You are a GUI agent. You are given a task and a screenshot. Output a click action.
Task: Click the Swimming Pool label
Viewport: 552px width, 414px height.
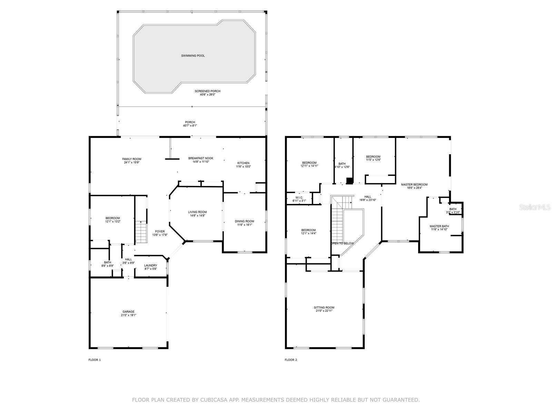(x=193, y=56)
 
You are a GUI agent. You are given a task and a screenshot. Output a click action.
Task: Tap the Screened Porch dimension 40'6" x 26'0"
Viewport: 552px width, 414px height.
(x=207, y=95)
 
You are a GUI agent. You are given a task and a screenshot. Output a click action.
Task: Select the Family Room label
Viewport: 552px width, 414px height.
(x=132, y=159)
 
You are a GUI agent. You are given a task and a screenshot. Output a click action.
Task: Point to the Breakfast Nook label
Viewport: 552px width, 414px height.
(x=201, y=158)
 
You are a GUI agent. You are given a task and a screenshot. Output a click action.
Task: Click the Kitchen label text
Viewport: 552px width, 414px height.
(x=243, y=163)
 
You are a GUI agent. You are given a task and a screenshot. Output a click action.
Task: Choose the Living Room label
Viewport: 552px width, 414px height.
(x=197, y=212)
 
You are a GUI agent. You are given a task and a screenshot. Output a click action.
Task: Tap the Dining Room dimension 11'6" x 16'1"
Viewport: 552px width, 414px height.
(x=245, y=225)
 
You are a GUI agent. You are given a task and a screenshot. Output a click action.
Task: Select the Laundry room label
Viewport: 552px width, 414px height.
(x=151, y=265)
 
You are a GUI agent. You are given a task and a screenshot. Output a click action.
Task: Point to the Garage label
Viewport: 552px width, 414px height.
(x=128, y=312)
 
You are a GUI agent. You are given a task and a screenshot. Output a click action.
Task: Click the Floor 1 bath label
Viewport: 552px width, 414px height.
(x=108, y=263)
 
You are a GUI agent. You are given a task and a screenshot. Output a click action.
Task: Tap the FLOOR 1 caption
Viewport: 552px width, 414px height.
(x=95, y=360)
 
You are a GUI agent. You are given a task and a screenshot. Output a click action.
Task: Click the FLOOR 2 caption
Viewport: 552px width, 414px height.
(x=291, y=360)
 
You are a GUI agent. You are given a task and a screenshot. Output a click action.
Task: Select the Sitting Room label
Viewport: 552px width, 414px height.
(x=324, y=307)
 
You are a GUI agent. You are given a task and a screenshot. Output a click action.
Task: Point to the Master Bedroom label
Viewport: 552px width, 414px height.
(x=414, y=185)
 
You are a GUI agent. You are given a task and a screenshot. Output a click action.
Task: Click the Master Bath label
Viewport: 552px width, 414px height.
(x=439, y=226)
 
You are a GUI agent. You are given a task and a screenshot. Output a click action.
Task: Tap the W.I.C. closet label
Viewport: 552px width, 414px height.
(x=299, y=198)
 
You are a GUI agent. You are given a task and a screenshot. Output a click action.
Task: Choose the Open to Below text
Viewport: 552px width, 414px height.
(x=342, y=243)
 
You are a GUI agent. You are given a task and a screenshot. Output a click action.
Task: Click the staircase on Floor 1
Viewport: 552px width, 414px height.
(x=141, y=232)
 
